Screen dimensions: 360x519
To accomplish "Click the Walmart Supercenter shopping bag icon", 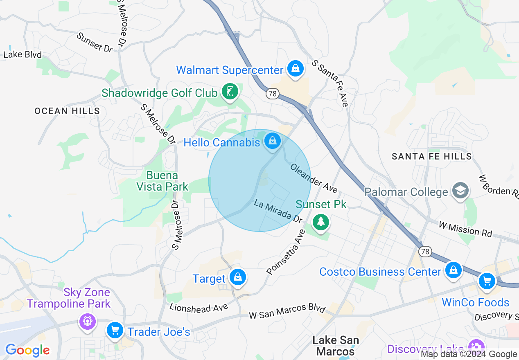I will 295,68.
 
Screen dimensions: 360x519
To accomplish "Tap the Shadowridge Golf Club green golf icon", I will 230,92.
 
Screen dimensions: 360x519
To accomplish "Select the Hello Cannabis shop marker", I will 273,142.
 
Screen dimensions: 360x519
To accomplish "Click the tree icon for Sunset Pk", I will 320,222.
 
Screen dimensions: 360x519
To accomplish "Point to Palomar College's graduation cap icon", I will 460,191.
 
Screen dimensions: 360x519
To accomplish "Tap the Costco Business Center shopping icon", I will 453,270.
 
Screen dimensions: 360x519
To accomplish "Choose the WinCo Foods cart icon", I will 487,281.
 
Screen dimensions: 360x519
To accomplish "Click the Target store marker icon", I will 237,277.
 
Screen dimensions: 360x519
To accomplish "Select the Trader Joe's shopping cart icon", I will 115,330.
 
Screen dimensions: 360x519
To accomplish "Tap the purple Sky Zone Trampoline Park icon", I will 87,320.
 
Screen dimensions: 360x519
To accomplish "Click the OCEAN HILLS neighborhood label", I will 67,111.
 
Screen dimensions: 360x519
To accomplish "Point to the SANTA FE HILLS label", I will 432,156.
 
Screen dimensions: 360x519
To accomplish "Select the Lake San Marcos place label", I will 336,346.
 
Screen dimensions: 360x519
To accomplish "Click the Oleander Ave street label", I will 314,178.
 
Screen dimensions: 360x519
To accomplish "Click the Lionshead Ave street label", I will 199,308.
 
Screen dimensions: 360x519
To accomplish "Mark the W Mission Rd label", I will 465,229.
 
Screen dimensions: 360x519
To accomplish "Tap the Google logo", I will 27,351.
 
